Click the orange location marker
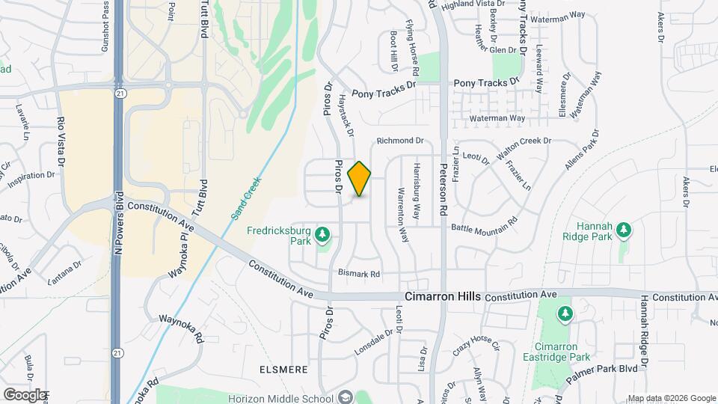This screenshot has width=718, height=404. pos(360,178)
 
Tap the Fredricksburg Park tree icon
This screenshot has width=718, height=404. pos(322,236)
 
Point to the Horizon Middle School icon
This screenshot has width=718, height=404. pos(345,397)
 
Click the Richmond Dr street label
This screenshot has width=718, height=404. pos(400,140)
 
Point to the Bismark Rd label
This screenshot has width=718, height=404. pos(359,274)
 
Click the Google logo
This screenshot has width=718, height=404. pos(24,394)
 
